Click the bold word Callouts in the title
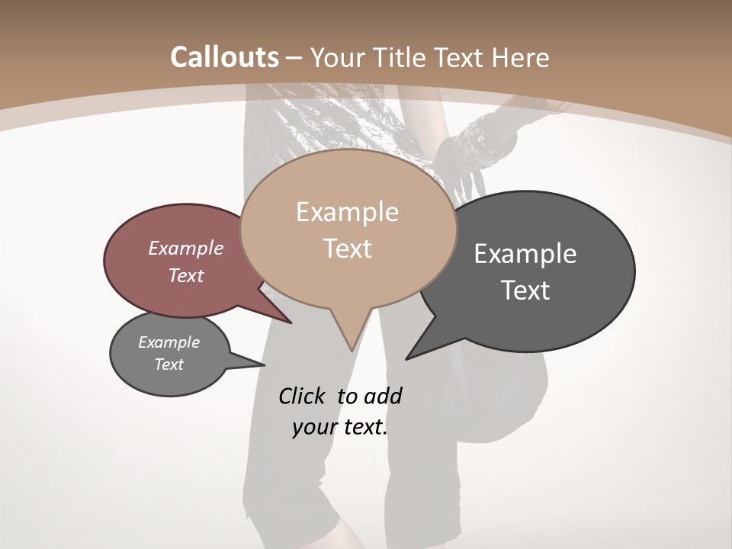(x=225, y=57)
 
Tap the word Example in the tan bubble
(x=347, y=212)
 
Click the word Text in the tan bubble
(x=347, y=249)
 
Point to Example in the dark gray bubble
(x=525, y=254)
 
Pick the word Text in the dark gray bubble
(x=525, y=291)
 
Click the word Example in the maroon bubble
(x=185, y=248)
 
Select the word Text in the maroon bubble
(x=185, y=275)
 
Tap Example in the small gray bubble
(x=169, y=342)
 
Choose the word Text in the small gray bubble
(x=169, y=364)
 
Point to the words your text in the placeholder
(x=340, y=428)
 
